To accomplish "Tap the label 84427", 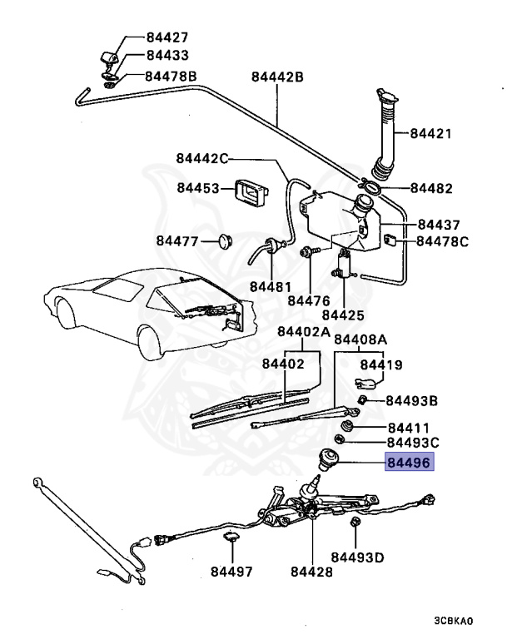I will (x=167, y=37).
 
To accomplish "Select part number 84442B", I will (x=277, y=77).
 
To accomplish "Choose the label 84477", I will (x=177, y=241).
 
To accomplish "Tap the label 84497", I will (x=231, y=572).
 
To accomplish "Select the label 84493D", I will (x=358, y=557).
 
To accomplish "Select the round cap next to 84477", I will (x=222, y=241).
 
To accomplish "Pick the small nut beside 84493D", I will (x=355, y=523).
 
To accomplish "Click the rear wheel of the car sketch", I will (x=152, y=341).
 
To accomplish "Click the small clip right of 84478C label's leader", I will (x=390, y=241).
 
